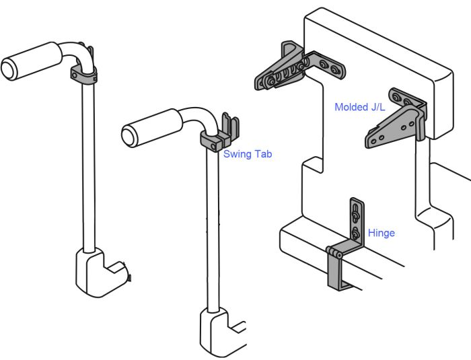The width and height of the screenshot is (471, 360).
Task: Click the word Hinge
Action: click(x=381, y=233)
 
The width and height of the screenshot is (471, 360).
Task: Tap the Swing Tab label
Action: click(x=247, y=154)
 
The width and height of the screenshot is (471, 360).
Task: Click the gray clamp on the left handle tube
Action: click(x=85, y=74)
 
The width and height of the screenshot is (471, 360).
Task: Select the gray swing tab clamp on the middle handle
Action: click(x=214, y=139)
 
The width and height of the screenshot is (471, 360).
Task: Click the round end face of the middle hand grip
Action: click(x=129, y=134)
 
